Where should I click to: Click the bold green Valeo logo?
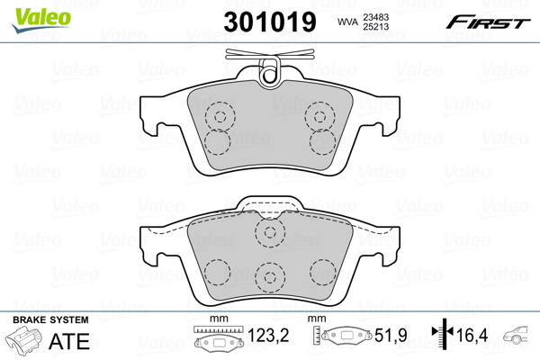point(31,13)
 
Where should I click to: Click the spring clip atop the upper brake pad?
point(266,73)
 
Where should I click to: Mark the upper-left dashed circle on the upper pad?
point(217,115)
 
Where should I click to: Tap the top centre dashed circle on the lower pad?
point(268,233)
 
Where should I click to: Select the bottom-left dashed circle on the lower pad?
point(217,273)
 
